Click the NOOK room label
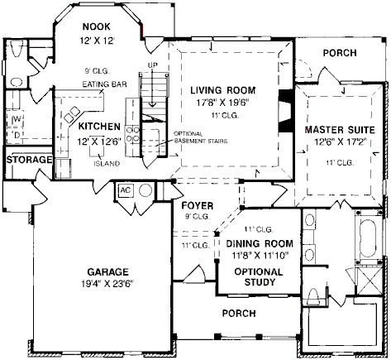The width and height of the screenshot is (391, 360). [97, 26]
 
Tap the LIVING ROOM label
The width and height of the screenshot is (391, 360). [223, 90]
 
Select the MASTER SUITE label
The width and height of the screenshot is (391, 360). [340, 130]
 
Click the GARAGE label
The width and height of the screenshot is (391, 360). [107, 272]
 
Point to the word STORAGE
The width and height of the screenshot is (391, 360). [29, 160]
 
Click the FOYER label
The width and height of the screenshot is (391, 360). [198, 205]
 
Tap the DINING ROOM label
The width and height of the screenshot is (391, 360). [260, 243]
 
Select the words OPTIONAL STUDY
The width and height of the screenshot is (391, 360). [259, 277]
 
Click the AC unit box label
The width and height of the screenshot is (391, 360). [126, 190]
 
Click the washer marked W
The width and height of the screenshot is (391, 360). [16, 119]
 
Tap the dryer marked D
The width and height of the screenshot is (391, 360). [17, 135]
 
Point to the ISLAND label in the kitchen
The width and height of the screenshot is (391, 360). [107, 164]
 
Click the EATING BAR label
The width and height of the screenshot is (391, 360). [104, 84]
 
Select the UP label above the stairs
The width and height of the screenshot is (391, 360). [152, 65]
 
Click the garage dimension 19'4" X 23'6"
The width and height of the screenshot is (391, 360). [107, 284]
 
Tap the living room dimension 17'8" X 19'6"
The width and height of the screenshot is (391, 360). [223, 103]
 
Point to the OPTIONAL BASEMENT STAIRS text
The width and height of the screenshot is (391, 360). [201, 137]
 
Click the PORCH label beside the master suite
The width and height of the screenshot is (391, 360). [340, 53]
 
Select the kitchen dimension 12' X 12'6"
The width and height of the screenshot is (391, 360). [99, 142]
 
